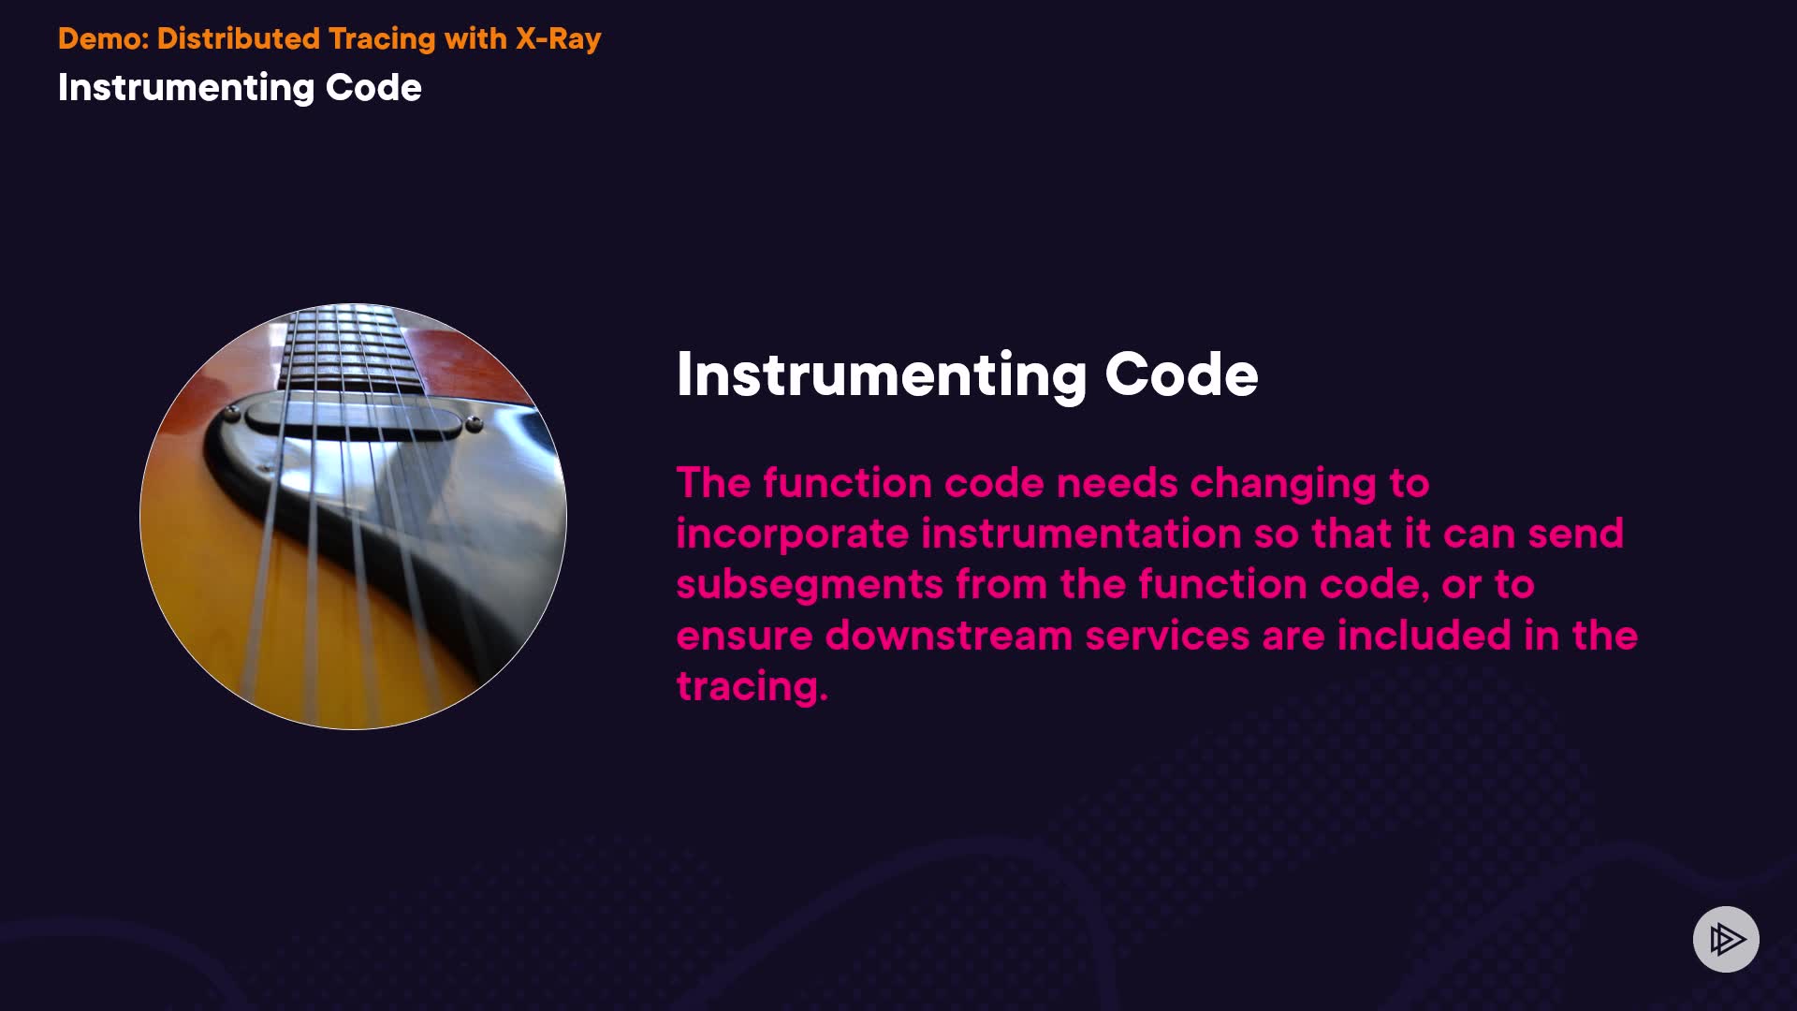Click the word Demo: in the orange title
click(x=103, y=38)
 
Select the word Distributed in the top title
click(x=239, y=38)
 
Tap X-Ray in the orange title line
click(x=559, y=39)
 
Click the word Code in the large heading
click(x=1182, y=374)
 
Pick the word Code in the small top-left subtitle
click(x=373, y=87)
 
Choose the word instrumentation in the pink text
click(x=1082, y=534)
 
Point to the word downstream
click(x=949, y=636)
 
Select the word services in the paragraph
click(x=1167, y=636)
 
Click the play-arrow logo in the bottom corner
click(x=1726, y=939)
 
